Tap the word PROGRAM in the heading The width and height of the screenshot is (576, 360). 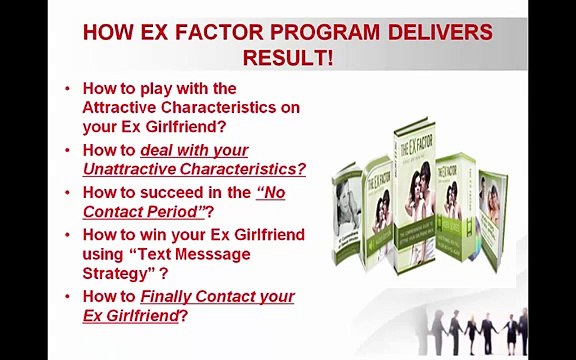[293, 32]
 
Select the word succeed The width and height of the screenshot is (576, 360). [170, 192]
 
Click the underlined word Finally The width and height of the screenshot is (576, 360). [166, 296]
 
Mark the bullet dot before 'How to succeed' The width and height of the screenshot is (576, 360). [67, 192]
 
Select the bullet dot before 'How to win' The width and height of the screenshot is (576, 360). [67, 235]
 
